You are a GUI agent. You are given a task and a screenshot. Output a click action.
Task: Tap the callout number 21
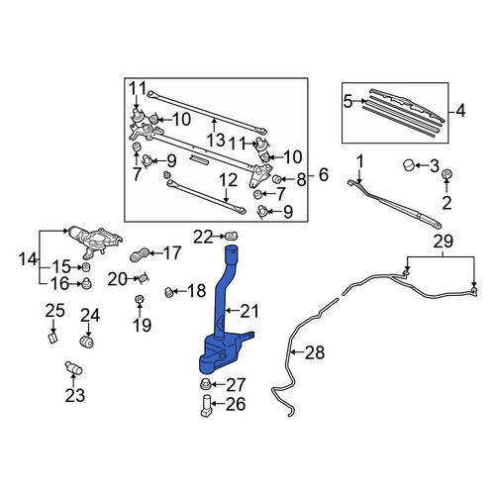coord(249,311)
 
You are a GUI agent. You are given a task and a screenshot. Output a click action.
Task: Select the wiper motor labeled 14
coord(95,241)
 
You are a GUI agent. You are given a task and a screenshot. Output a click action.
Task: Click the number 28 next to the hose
coord(315,352)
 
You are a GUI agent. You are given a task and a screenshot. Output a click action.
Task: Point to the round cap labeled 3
coord(409,164)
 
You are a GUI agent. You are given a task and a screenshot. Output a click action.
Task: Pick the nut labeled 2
coord(446,173)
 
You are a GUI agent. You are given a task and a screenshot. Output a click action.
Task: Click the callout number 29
coord(443,242)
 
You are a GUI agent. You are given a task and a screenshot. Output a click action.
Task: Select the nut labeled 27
coord(205,384)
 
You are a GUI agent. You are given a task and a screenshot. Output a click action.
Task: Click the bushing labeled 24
coord(87,342)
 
